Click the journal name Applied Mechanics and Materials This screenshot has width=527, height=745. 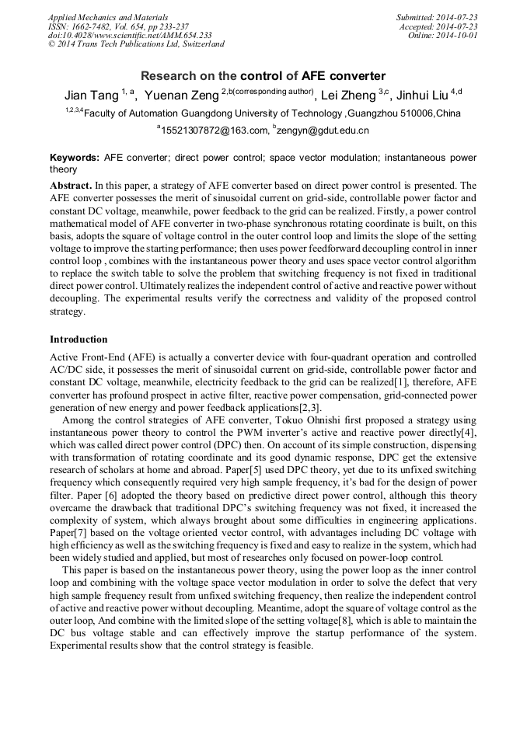click(107, 17)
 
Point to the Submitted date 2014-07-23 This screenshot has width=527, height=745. click(437, 17)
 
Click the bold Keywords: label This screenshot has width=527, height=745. click(75, 158)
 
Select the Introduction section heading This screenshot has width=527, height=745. click(79, 339)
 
